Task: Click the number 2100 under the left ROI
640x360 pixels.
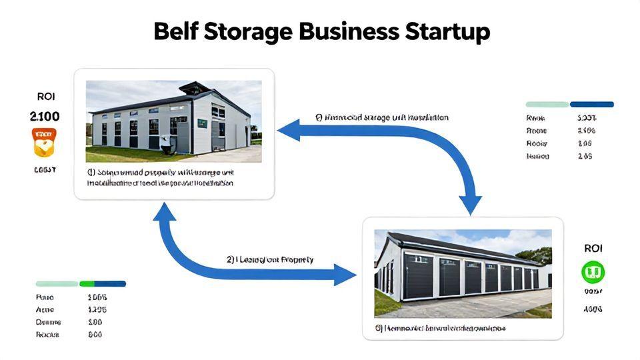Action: point(45,117)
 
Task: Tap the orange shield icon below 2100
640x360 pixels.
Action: point(45,142)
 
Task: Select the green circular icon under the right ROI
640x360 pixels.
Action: point(593,271)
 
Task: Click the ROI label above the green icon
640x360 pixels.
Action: point(593,248)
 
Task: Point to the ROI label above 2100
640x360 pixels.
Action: point(46,97)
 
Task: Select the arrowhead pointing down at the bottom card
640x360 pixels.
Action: point(471,203)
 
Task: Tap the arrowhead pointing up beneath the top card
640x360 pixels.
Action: point(165,212)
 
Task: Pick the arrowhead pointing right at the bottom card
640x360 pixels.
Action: point(347,274)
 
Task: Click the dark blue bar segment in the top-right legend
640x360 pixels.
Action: point(591,105)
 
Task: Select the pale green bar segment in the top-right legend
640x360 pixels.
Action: point(547,105)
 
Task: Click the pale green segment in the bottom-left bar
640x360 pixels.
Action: point(57,284)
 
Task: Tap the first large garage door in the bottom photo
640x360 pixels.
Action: point(419,275)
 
